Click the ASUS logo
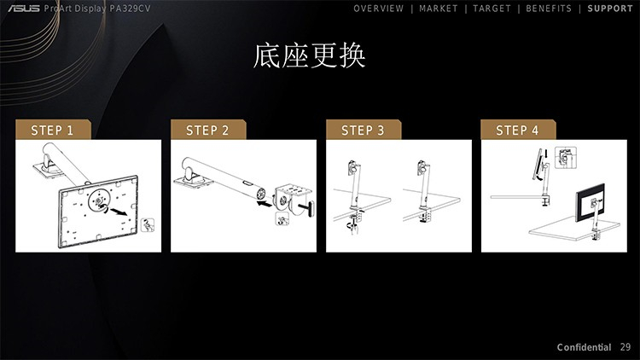[24, 9]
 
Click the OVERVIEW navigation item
[378, 9]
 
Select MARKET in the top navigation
[439, 9]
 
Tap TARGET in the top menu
[492, 9]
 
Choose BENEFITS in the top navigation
[549, 9]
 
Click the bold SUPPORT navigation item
[610, 9]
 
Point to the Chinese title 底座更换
[309, 55]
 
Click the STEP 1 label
[52, 131]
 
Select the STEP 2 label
[207, 131]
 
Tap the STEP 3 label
[363, 131]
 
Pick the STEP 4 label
[517, 131]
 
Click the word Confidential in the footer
[584, 347]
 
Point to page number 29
[625, 347]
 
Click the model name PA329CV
[131, 9]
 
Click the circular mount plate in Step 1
[99, 200]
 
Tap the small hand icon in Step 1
[148, 225]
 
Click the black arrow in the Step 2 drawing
[264, 203]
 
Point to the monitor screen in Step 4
[590, 203]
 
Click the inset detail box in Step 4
[566, 158]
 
